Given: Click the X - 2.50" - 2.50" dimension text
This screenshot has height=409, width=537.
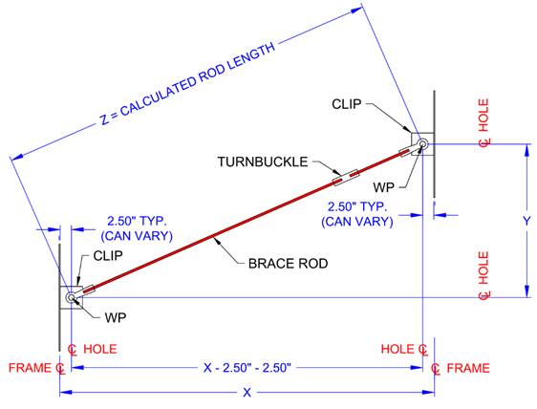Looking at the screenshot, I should coord(247,367).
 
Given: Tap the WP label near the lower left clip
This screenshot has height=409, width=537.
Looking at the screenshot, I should coord(116,314).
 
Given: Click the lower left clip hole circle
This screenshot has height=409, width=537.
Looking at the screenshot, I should coord(72,298).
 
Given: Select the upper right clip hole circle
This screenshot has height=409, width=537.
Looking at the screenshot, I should coord(420,146).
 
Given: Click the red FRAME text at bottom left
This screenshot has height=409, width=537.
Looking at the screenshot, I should coord(28,368).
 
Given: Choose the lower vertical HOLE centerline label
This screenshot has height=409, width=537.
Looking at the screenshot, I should coord(483,276).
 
